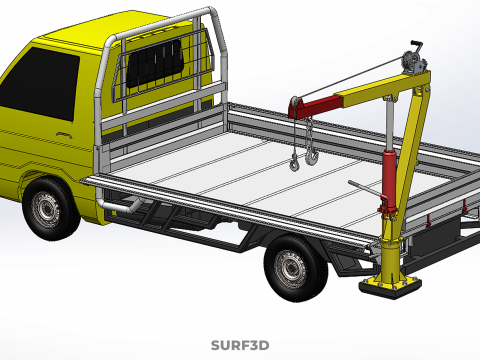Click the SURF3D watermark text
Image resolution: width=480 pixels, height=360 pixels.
[x=240, y=345]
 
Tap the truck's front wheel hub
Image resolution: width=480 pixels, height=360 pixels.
[x=46, y=210]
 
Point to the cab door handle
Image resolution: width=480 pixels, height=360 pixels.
[x=64, y=134]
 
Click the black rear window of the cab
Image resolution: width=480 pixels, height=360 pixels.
[x=155, y=63]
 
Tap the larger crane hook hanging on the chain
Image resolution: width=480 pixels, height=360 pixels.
[x=312, y=157]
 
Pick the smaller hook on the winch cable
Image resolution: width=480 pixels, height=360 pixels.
[x=294, y=163]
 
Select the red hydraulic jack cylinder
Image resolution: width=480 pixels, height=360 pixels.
[x=388, y=180]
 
